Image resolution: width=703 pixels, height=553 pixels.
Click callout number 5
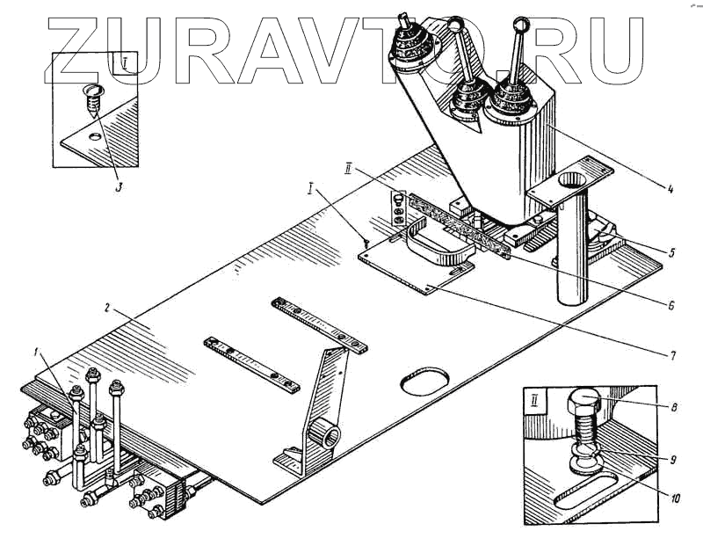[x=670, y=253]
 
